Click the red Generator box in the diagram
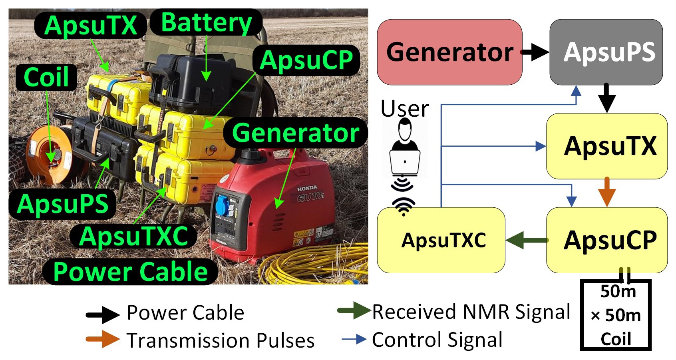[449, 52]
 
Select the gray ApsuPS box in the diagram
[606, 52]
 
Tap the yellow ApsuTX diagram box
[607, 146]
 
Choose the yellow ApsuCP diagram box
[607, 240]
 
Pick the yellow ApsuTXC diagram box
[441, 240]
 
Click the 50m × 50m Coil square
[616, 315]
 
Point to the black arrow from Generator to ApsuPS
[535, 52]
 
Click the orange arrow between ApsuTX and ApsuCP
[607, 192]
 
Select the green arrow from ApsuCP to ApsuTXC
[527, 240]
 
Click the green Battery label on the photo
[206, 22]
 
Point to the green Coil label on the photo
[46, 77]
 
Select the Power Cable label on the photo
[130, 272]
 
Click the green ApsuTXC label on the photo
[133, 236]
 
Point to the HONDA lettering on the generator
[307, 188]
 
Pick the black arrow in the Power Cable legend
[103, 314]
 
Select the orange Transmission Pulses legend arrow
[103, 339]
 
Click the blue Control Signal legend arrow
[354, 339]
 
